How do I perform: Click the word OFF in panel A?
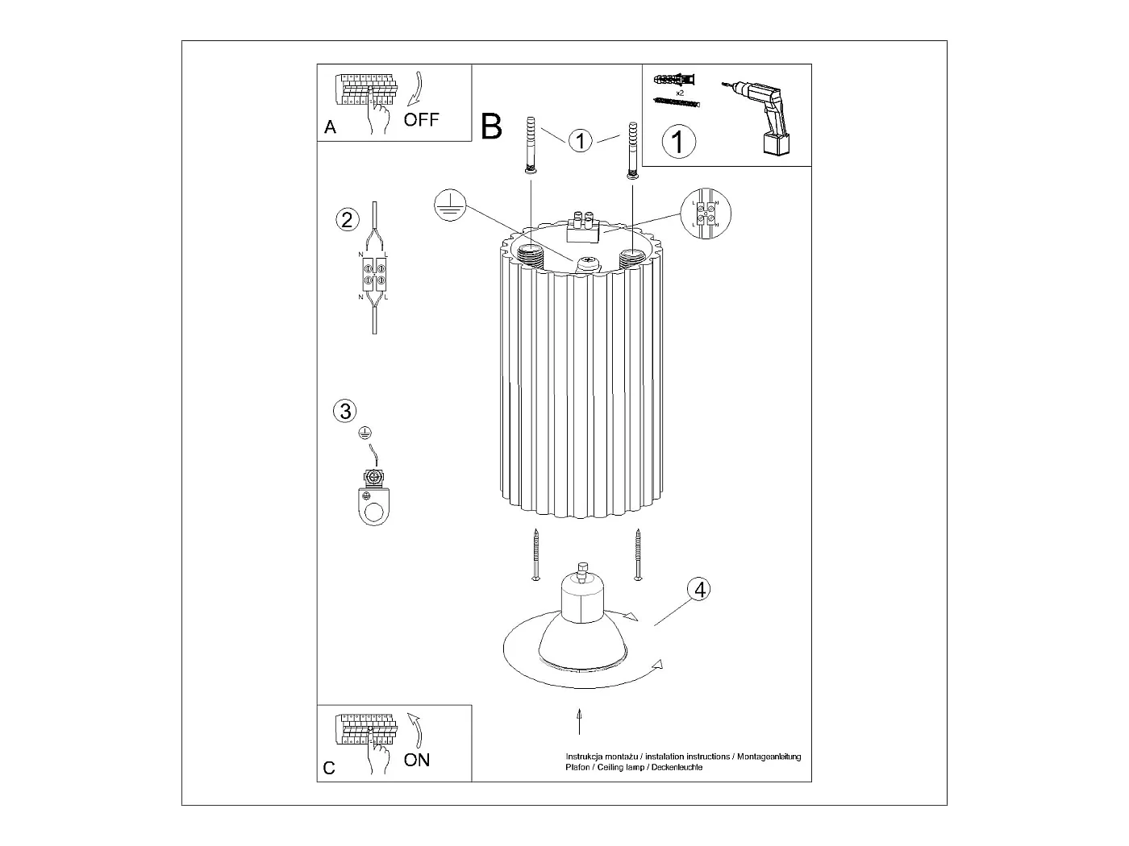[421, 120]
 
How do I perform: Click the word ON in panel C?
[417, 759]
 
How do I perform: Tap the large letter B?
[491, 126]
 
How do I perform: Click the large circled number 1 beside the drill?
[678, 142]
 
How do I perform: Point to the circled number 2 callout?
[347, 219]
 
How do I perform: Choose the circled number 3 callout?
[344, 411]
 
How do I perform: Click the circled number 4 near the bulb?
[699, 589]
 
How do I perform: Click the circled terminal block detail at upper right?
[706, 215]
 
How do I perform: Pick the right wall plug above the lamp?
[633, 150]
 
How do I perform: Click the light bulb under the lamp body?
[581, 620]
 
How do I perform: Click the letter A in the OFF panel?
[330, 127]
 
